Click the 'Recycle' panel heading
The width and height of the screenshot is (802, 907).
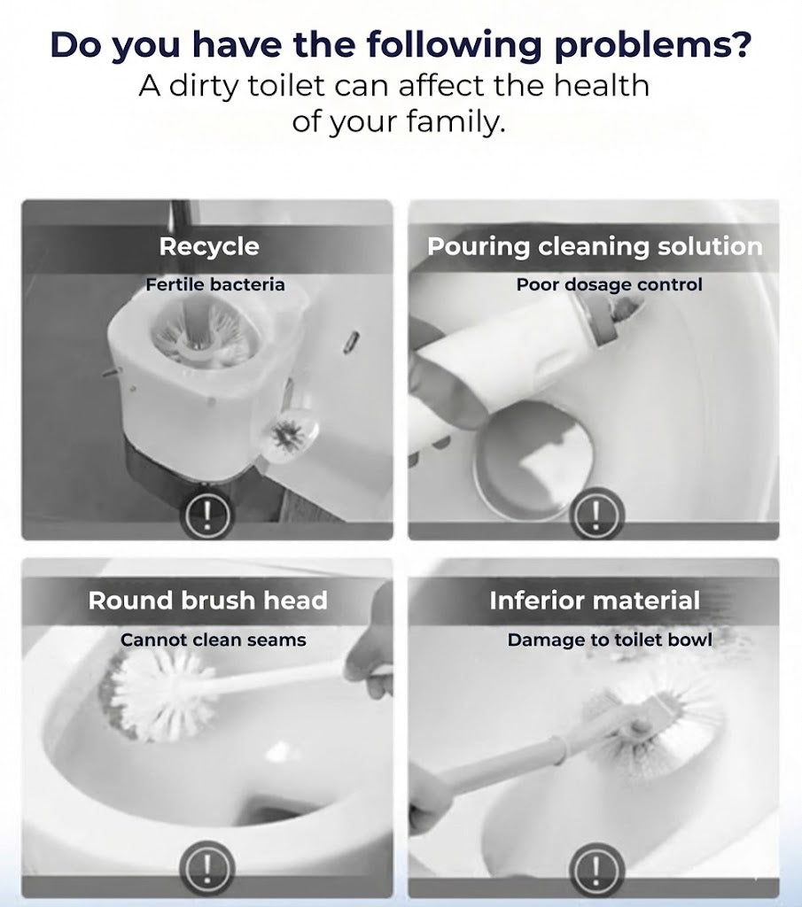[x=209, y=246]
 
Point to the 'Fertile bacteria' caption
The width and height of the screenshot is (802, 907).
[x=215, y=285]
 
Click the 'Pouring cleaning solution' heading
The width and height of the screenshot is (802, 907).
[x=595, y=246]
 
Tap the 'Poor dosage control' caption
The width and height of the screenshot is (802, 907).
[x=609, y=285]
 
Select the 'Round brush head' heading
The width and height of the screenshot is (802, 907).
[x=207, y=601]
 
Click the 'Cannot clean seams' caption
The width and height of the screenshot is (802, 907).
[x=214, y=640]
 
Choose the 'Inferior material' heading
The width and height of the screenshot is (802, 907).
[x=595, y=601]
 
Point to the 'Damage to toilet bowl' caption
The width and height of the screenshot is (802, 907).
[x=610, y=640]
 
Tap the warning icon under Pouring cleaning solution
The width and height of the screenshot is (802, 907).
[x=600, y=514]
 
